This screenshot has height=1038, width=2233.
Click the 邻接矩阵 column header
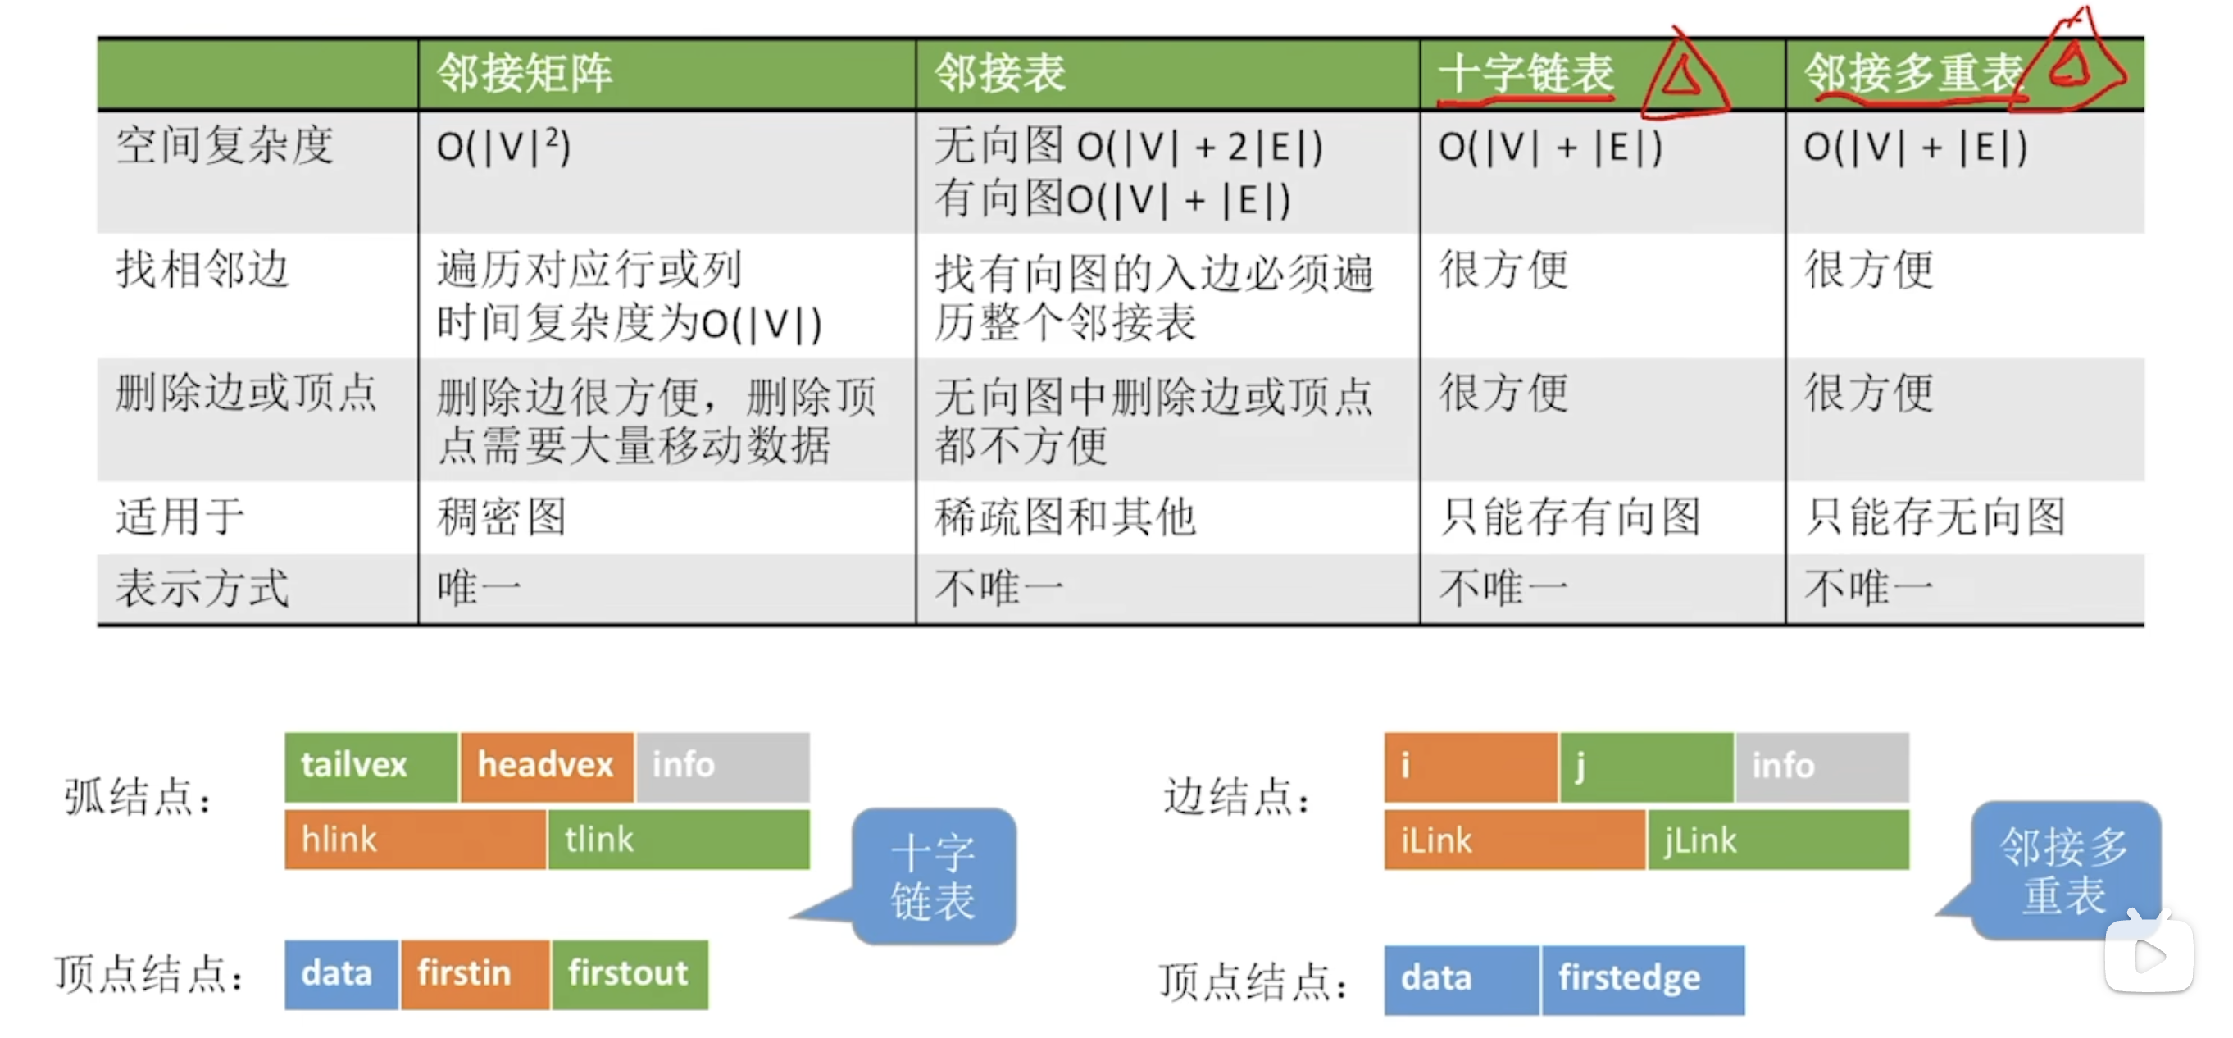(x=525, y=73)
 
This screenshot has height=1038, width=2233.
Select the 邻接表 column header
(x=999, y=73)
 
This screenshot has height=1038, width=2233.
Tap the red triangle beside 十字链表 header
(x=1683, y=75)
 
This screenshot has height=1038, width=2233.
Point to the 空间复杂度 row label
(x=225, y=145)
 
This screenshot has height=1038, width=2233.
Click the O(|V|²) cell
(x=503, y=147)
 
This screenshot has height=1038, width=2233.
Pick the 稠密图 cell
(x=501, y=517)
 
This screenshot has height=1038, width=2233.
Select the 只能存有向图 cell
(x=1570, y=517)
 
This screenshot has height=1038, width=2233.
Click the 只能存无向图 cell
(x=1935, y=517)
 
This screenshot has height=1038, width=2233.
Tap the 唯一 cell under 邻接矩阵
(x=480, y=588)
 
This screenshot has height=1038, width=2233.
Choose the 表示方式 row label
(x=202, y=588)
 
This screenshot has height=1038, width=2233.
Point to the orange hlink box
(x=416, y=840)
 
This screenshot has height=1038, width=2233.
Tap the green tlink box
(x=679, y=840)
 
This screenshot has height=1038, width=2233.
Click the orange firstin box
(x=474, y=975)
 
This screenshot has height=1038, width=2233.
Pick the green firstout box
(x=630, y=975)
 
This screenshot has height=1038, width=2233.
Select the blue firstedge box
(x=1643, y=980)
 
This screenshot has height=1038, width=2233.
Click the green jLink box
(x=1778, y=840)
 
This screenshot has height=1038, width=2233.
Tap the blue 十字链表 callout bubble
(x=934, y=876)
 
